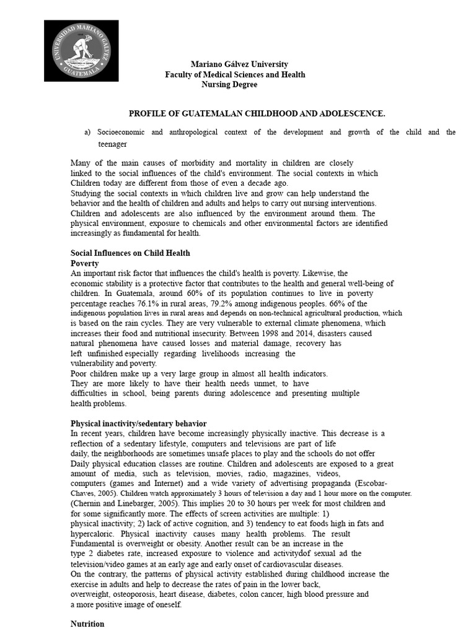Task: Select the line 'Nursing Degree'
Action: point(229,84)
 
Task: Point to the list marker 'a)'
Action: point(87,132)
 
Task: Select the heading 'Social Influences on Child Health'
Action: point(130,253)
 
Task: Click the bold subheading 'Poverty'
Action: point(85,263)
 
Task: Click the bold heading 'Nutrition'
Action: point(87,623)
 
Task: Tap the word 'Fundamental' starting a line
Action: point(93,544)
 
